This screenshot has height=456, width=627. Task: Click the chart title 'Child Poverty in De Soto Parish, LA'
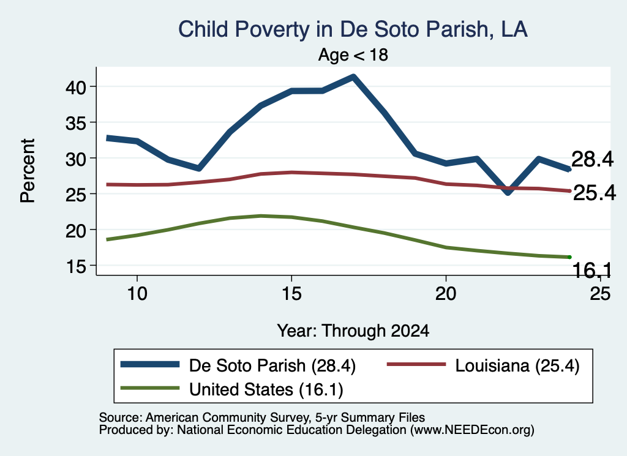point(353,29)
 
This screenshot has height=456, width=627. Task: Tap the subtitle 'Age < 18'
point(353,54)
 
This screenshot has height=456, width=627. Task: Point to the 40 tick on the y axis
point(75,87)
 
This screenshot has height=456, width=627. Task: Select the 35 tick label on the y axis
point(75,123)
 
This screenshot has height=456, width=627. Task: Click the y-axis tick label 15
point(75,266)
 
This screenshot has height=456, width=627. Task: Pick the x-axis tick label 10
point(137,294)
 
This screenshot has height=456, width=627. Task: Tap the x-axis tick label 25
point(600,294)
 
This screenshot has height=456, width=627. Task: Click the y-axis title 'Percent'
point(28,171)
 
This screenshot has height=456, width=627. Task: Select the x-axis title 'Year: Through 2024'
point(353,331)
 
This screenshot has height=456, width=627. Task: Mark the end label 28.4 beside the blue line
point(592,159)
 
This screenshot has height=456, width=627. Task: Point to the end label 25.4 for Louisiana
point(594,193)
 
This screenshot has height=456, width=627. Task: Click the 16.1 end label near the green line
point(592,271)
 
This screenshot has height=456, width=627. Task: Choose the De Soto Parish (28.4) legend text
point(272,365)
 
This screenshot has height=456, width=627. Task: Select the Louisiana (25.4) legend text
point(517,365)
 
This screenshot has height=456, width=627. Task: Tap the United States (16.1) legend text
point(266,390)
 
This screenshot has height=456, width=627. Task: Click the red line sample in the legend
point(416,364)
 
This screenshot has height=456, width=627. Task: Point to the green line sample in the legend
point(150,387)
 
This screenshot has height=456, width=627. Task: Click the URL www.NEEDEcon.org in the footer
point(472,430)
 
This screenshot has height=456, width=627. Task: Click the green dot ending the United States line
point(569,257)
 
